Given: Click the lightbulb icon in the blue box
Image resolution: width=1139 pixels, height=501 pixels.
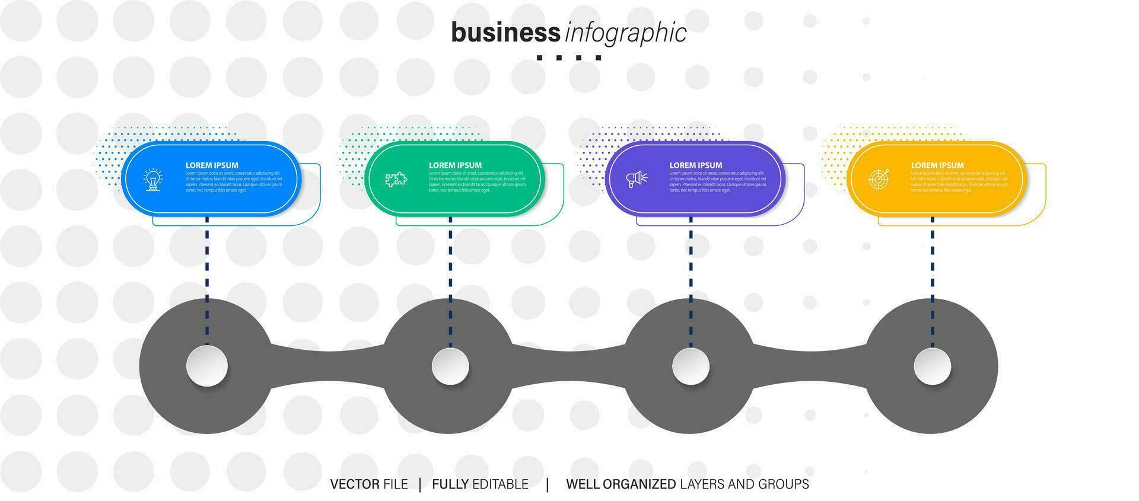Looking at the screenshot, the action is pos(153,179).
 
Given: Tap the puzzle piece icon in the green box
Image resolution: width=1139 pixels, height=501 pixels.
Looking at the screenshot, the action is pos(396,179).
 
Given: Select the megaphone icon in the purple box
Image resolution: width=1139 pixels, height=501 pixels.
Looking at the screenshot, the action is pos(637,178).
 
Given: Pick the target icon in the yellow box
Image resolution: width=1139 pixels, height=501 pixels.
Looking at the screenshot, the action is pos(879,178).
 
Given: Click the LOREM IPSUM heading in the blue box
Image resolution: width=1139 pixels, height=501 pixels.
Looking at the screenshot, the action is pos(212,165).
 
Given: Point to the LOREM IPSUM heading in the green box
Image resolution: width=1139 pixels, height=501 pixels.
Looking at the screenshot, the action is pos(455,165).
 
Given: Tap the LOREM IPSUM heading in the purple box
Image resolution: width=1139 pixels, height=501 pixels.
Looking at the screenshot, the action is pos(696,165).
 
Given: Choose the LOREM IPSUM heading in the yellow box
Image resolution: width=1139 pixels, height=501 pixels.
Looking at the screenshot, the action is pos(937,165).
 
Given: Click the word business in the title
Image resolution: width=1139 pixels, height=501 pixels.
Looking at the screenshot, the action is pos(505,33).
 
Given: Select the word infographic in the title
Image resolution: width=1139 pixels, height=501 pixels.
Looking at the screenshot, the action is pos(625,34).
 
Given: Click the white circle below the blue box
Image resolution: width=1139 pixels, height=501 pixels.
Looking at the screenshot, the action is pos(207,366).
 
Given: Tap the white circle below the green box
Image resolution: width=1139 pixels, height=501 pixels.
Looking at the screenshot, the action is pos(450,366).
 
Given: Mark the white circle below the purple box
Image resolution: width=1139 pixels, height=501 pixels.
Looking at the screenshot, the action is pos(691,366).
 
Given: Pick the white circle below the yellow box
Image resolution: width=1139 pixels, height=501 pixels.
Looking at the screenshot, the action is pos(933,366).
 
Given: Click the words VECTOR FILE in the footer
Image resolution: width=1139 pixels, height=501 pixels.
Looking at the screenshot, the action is pos(369,484).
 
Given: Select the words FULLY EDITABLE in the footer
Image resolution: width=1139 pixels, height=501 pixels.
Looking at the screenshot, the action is pos(480,484).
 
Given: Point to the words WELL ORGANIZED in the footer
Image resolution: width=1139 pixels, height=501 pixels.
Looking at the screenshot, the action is pos(621,484).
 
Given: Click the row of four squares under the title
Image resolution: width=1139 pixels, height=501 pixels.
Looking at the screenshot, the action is pos(569,58).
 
